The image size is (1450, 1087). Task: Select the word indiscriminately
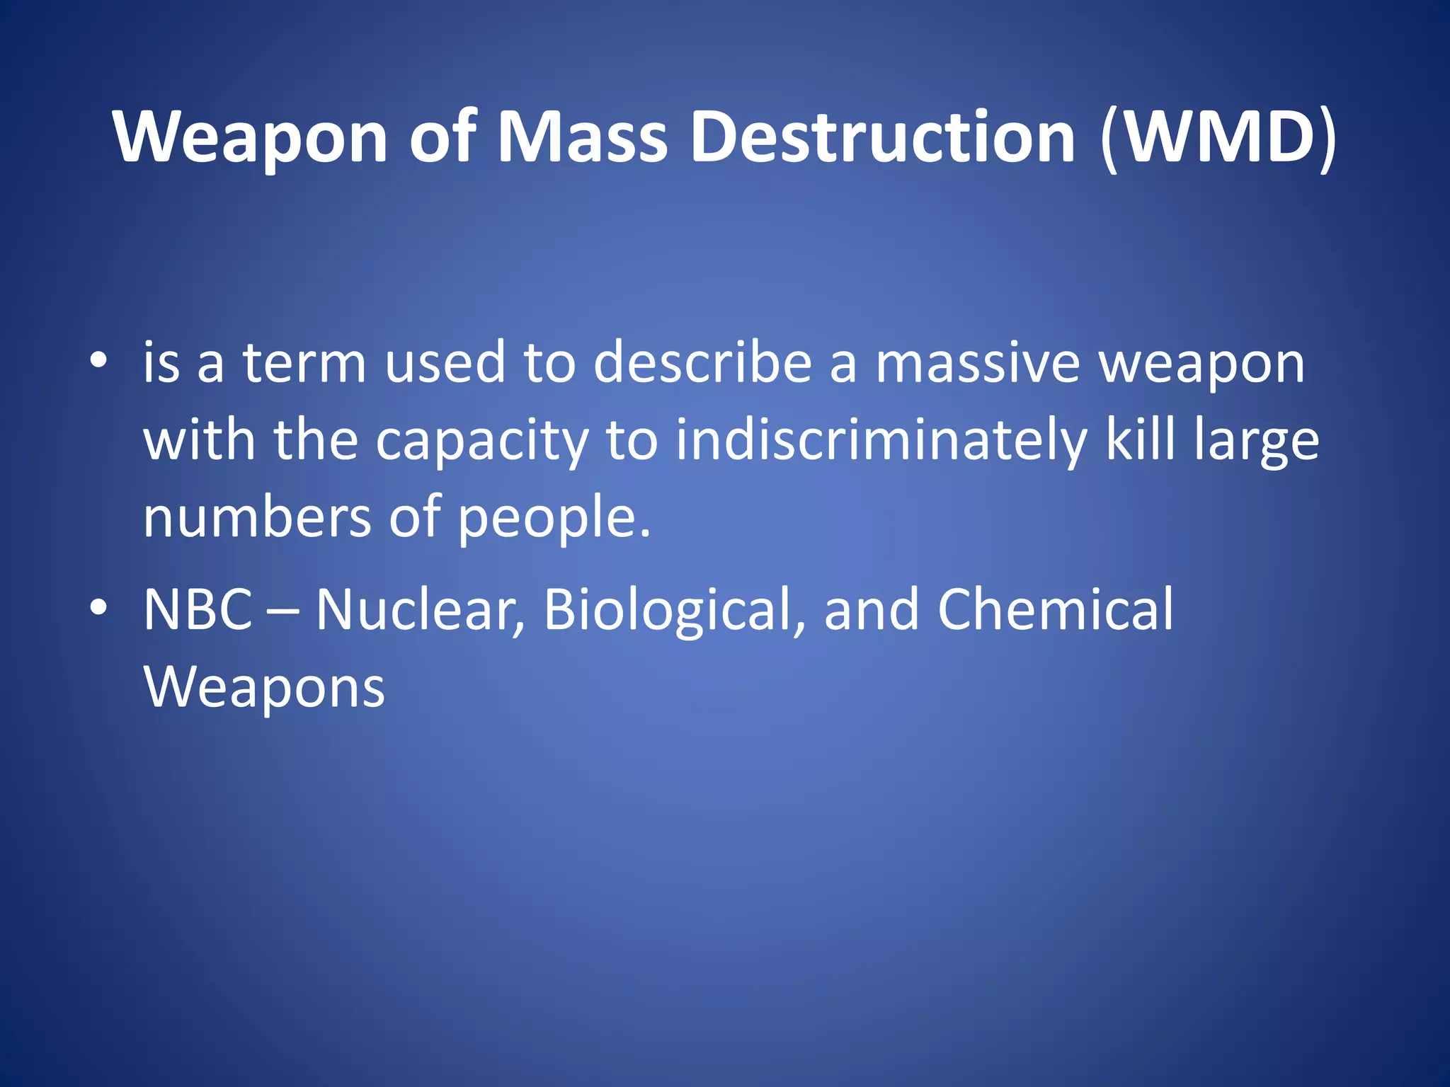[881, 440]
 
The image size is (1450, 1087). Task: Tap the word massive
[978, 362]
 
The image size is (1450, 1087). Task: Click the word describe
[702, 362]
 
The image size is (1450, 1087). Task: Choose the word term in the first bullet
[304, 362]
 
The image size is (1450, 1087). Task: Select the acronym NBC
[198, 609]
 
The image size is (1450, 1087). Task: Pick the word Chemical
[1055, 609]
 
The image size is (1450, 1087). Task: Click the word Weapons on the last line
[264, 687]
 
